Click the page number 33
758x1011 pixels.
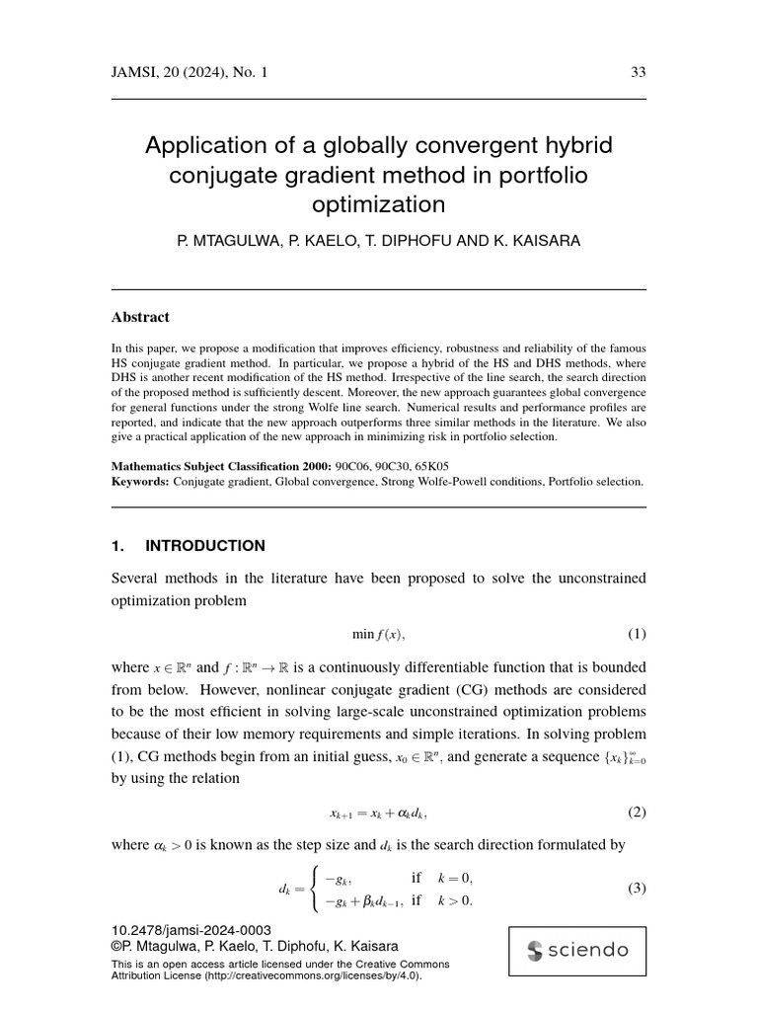tap(638, 72)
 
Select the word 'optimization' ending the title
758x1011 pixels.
tap(379, 204)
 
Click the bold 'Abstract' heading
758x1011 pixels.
tap(140, 317)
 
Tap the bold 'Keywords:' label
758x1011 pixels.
tap(141, 482)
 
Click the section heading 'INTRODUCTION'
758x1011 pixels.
tap(205, 546)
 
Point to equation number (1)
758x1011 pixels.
tap(637, 634)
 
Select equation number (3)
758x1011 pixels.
tap(637, 888)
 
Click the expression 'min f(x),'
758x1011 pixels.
tap(379, 634)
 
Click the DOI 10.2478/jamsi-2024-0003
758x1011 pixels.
tap(191, 931)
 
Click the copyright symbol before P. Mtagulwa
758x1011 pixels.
tap(117, 945)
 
